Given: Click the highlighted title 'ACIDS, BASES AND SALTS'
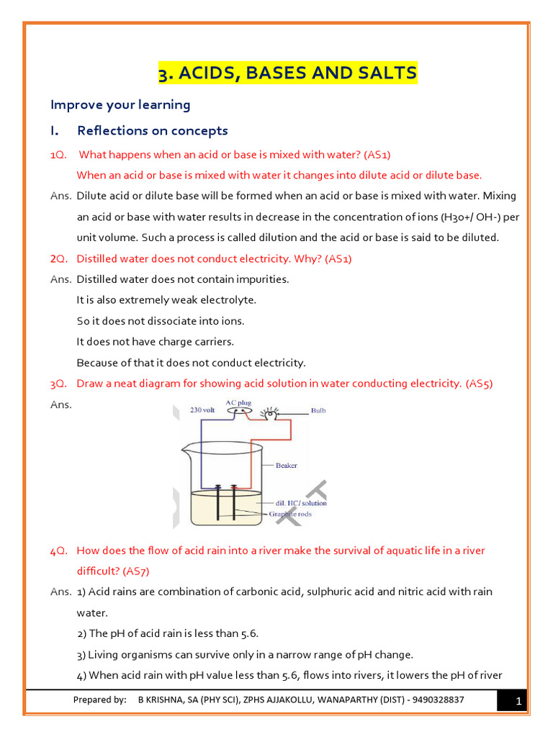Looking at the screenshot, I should [287, 73].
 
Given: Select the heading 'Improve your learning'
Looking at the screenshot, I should [120, 105].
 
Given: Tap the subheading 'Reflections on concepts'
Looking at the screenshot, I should [152, 131].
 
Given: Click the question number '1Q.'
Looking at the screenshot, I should [58, 155].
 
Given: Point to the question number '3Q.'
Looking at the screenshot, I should [58, 384].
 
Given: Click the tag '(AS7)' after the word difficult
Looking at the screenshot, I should [136, 571].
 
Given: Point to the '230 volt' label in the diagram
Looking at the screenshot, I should [204, 410].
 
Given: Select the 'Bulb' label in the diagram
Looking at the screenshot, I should [318, 411].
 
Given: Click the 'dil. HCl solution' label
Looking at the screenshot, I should [300, 503].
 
